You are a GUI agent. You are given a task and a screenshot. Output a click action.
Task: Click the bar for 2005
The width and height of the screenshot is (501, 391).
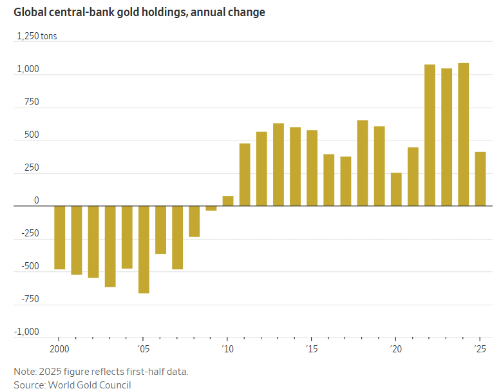coord(144,249)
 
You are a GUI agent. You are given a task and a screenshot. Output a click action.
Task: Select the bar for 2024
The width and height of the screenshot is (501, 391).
coord(463,135)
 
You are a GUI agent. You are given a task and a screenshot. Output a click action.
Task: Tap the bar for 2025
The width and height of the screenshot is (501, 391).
coord(480,179)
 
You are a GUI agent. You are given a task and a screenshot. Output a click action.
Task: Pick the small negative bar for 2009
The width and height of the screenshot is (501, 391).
coord(211,208)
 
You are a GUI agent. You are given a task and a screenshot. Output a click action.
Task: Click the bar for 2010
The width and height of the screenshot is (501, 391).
coord(228,201)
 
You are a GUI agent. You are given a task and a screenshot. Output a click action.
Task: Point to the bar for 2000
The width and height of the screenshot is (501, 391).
coord(60,237)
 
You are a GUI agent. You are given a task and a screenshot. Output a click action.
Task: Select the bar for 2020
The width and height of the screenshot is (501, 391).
coord(396,189)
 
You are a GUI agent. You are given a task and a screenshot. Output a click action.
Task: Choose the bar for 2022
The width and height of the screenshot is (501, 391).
coord(430,135)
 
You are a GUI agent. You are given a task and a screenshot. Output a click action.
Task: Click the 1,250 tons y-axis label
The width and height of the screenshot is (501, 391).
coord(37,36)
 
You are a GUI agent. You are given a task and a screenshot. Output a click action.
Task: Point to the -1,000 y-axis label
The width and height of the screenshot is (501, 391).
coord(26,332)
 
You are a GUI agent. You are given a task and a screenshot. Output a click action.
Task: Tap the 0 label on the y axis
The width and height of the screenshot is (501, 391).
coord(36,200)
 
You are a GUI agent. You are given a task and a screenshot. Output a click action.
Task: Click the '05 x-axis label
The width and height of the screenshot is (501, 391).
coord(143,348)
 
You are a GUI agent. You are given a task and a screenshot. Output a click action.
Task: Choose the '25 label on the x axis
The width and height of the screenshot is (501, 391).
coord(479,348)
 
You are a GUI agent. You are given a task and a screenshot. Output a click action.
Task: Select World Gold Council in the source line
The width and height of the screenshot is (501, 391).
coord(90,385)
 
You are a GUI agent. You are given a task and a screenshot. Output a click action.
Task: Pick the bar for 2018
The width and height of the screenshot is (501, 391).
coord(363,163)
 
